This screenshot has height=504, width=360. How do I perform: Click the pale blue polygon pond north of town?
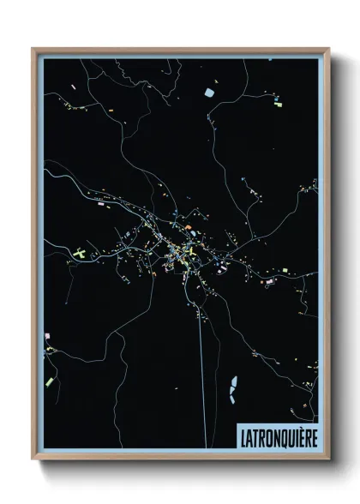pos(208,91)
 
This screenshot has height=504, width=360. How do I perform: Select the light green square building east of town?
pos(279,270)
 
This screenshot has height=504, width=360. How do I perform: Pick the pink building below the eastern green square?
pos(279,281)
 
